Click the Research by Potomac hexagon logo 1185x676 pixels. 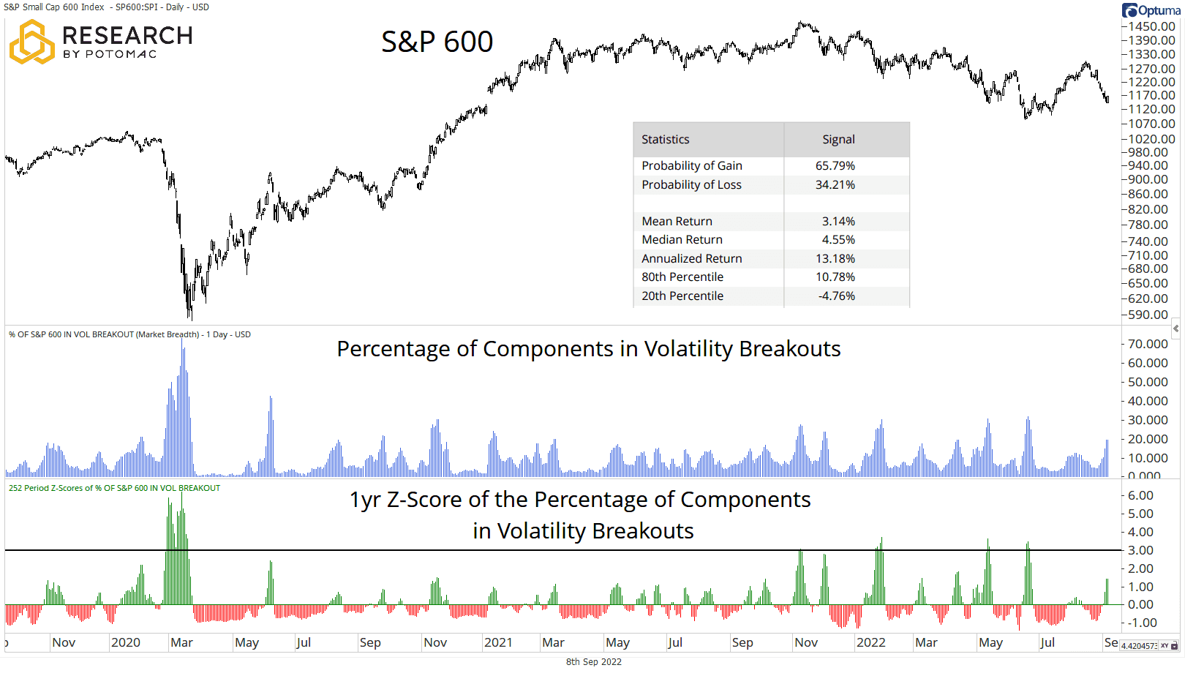(x=31, y=42)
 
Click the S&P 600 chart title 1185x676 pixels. (x=437, y=42)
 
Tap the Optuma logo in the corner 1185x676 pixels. (x=1152, y=10)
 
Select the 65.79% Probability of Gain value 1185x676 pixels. (x=835, y=166)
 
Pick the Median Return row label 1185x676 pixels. (x=682, y=240)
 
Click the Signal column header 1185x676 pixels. (x=838, y=140)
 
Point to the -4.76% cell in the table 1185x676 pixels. (x=836, y=296)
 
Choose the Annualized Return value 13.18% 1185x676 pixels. (x=835, y=259)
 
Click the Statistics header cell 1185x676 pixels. (x=665, y=140)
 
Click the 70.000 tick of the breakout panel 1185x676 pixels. (x=1148, y=344)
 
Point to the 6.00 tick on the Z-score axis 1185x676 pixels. (x=1140, y=495)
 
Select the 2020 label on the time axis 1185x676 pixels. (x=125, y=643)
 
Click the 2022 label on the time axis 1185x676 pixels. (x=870, y=643)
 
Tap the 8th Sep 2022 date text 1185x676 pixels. (x=593, y=662)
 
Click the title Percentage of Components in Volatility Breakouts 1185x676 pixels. (x=588, y=349)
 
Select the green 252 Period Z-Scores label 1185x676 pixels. (x=114, y=488)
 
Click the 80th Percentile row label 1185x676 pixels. (x=682, y=277)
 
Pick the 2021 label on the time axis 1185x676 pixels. (x=498, y=643)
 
